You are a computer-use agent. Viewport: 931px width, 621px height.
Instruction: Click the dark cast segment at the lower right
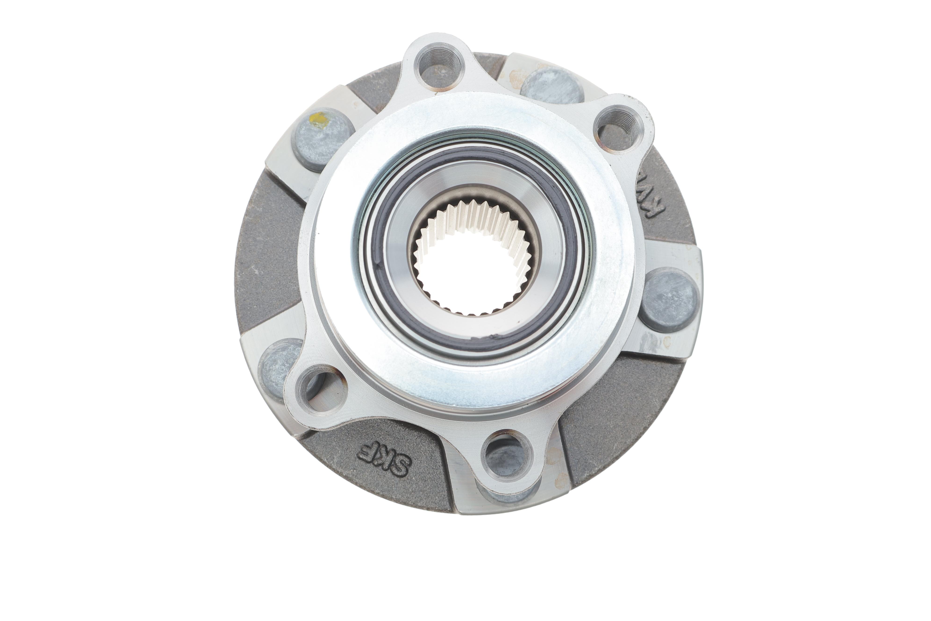click(617, 408)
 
